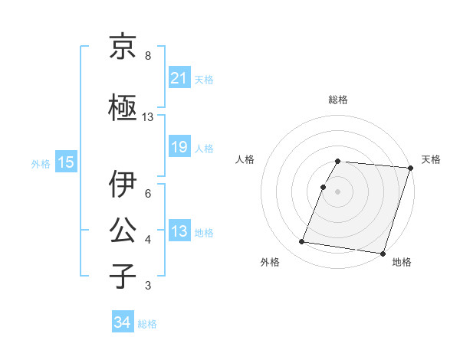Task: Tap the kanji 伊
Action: coord(123,184)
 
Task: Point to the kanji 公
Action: coord(123,230)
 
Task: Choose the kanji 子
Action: coord(123,276)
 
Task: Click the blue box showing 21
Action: coord(179,77)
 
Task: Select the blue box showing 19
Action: coord(179,147)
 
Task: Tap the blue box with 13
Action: coord(179,232)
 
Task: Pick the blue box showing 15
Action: coord(65,162)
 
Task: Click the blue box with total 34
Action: coord(122,323)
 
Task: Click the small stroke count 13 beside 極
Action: coord(148,117)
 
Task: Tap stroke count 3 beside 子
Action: coord(148,286)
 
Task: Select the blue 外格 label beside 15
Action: coord(41,162)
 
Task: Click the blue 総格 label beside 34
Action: coord(147,324)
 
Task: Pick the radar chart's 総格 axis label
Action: coord(338,100)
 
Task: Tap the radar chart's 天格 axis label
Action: coord(431,159)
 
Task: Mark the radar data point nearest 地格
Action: coord(383,253)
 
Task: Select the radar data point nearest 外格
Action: coord(302,242)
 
